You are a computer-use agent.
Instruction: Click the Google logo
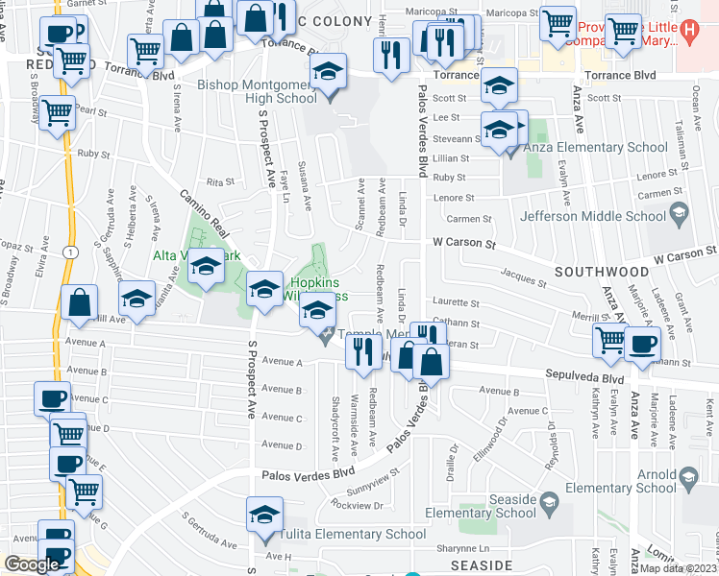31,564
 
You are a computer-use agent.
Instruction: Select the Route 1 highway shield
73,251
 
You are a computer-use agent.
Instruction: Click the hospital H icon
686,31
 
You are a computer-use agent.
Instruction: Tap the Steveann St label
455,138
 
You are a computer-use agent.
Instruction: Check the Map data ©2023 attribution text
679,567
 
